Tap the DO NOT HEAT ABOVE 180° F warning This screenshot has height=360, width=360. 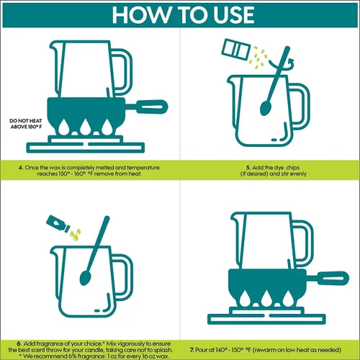click(26, 124)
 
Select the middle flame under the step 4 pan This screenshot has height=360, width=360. click(85, 127)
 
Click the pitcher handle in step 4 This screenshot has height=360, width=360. click(122, 71)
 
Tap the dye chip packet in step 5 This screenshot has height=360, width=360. click(235, 50)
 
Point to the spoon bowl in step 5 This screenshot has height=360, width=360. click(265, 108)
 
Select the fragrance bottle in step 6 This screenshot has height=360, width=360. click(58, 224)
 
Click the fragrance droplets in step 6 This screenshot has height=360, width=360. click(76, 234)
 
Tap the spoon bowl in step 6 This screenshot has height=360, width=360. click(85, 278)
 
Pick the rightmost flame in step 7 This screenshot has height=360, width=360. click(287, 298)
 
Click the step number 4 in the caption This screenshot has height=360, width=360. click(21, 168)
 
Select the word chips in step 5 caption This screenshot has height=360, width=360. click(292, 168)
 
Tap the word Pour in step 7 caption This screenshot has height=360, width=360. click(201, 350)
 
